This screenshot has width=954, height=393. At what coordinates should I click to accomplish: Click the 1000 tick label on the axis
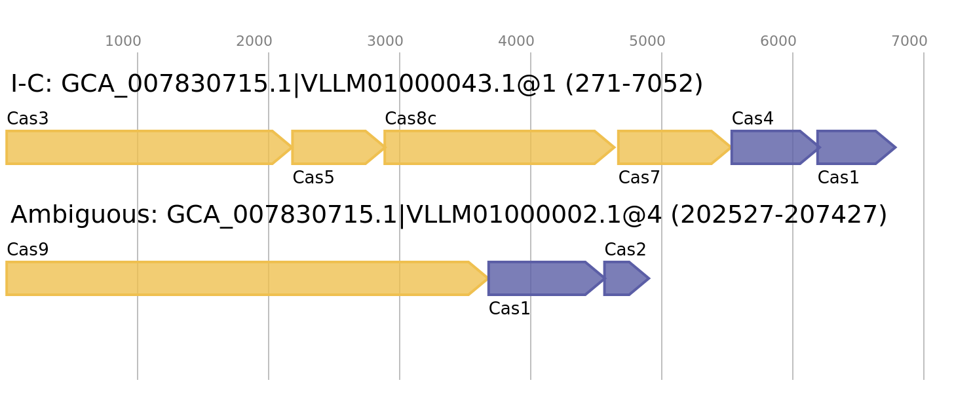pyautogui.click(x=123, y=41)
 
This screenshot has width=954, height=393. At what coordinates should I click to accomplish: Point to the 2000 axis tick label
pyautogui.click(x=254, y=41)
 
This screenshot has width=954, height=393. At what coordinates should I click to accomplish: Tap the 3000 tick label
pyautogui.click(x=385, y=41)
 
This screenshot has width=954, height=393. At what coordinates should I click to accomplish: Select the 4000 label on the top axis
pyautogui.click(x=516, y=41)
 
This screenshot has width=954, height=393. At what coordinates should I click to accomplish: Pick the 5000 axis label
pyautogui.click(x=647, y=41)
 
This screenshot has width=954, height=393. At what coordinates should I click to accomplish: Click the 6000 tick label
pyautogui.click(x=778, y=41)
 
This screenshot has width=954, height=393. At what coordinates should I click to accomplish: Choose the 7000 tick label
pyautogui.click(x=909, y=41)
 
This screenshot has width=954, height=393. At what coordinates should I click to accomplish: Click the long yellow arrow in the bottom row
pyautogui.click(x=242, y=278)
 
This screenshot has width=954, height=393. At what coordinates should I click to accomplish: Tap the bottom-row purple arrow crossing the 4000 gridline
pyautogui.click(x=541, y=278)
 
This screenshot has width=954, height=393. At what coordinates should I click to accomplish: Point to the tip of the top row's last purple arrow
pyautogui.click(x=896, y=147)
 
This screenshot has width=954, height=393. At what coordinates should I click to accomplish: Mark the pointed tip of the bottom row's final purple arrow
pyautogui.click(x=649, y=278)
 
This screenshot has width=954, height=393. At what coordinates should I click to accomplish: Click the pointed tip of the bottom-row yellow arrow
pyautogui.click(x=487, y=278)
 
